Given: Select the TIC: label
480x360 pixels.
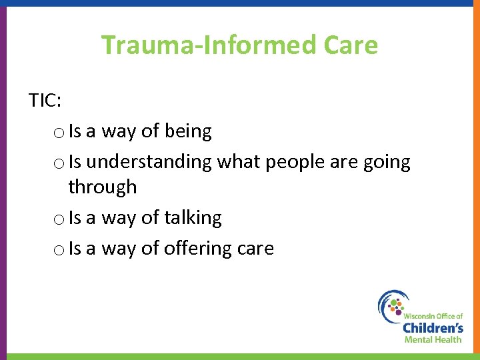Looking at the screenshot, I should point(45,100).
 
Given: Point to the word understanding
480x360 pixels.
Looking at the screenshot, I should point(149,163).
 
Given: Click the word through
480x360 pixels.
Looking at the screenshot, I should point(102,187).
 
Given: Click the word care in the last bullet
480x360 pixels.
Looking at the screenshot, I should point(256,249).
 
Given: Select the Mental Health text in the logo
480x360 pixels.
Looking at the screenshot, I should point(433,339).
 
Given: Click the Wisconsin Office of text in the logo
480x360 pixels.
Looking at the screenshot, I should point(433,315).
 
